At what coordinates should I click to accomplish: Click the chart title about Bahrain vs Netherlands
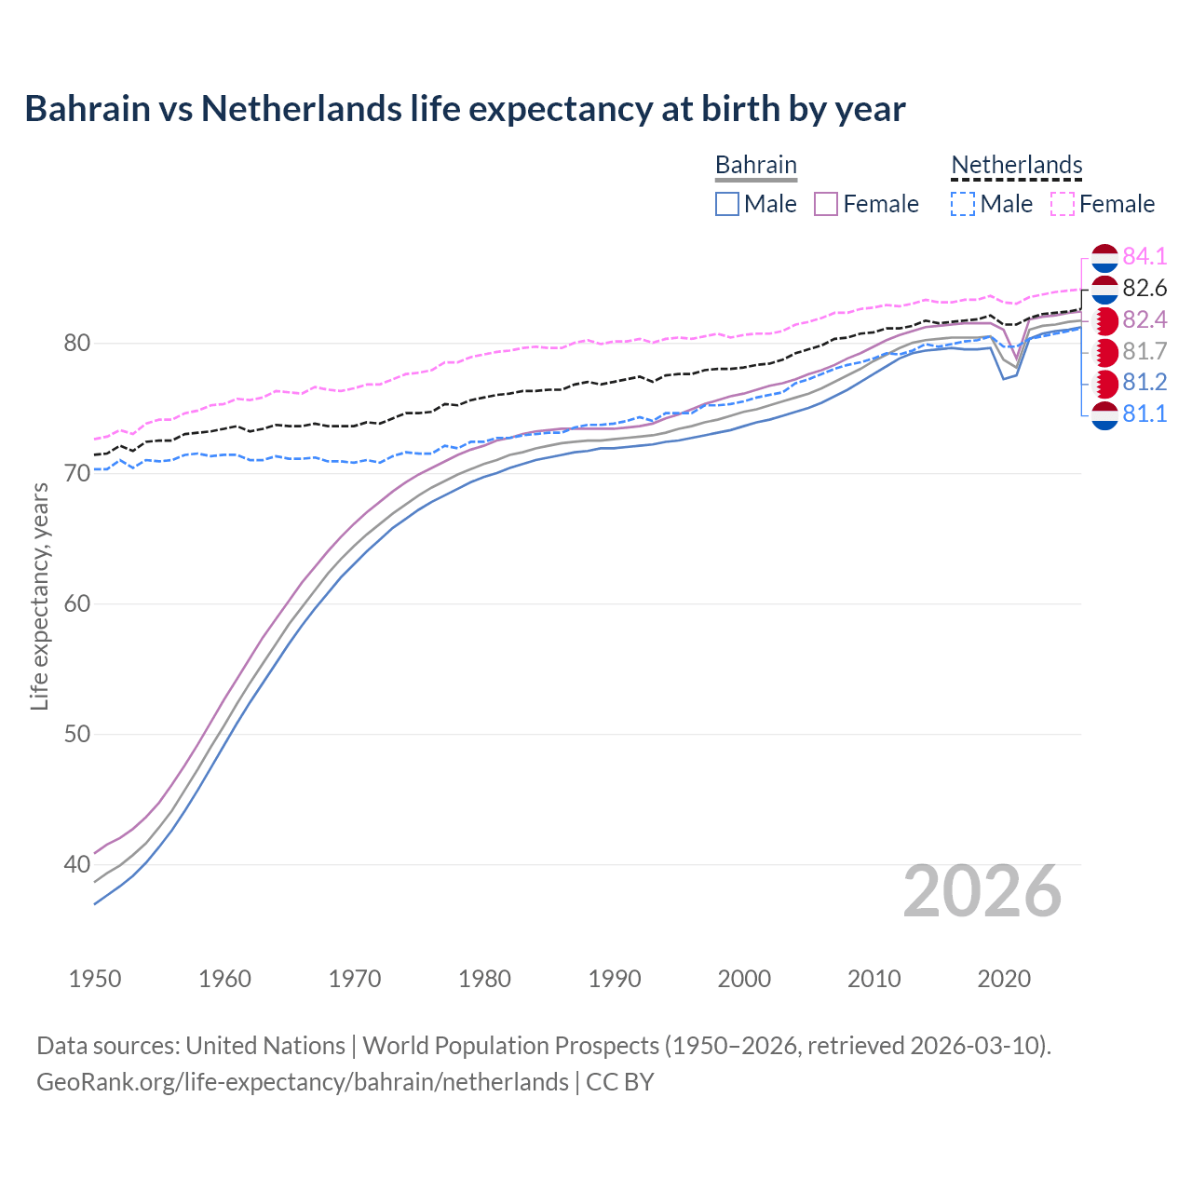tap(465, 109)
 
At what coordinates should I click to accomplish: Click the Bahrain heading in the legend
tap(755, 165)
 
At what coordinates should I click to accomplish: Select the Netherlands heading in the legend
tap(1016, 165)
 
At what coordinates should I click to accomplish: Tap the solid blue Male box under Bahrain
tap(727, 204)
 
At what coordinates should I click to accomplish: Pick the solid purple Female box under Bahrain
tap(826, 204)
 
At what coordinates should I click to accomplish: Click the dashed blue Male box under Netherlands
tap(963, 204)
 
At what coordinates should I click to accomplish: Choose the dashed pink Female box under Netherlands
tap(1063, 204)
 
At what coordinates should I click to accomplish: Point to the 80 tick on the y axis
tap(76, 344)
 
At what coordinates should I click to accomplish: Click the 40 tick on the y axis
tap(76, 865)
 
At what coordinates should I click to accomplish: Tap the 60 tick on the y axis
tap(76, 604)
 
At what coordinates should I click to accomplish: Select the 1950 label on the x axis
tap(95, 979)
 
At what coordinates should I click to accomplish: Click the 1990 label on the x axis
tap(615, 979)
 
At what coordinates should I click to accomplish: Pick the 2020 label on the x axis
tap(1004, 979)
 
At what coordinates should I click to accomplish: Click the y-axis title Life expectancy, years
tap(40, 596)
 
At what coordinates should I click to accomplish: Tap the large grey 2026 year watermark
tap(982, 891)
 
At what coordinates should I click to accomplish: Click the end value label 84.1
tap(1145, 256)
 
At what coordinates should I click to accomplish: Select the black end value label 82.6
tap(1145, 288)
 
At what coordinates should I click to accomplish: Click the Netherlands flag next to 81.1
tap(1104, 414)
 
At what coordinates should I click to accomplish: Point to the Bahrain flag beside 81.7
tap(1104, 352)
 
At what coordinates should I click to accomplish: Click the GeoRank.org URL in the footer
tap(303, 1082)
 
